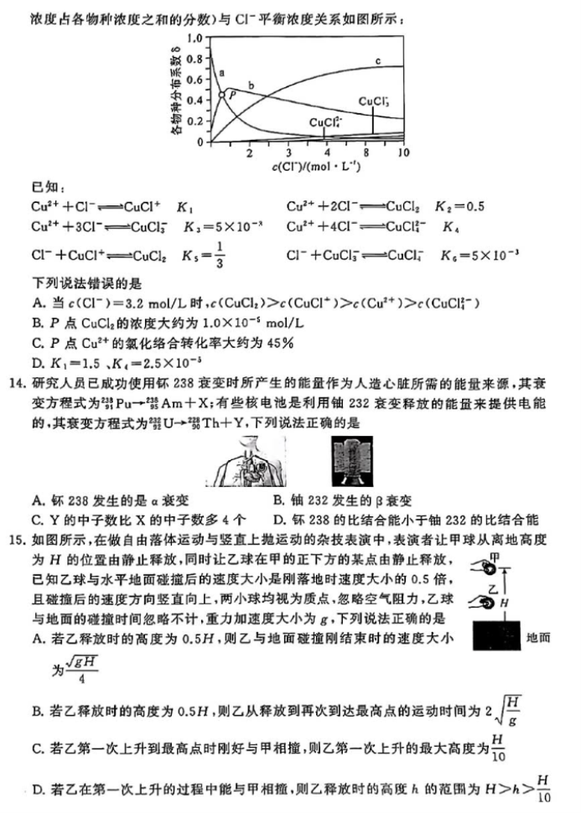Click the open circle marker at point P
point(222,95)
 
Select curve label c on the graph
point(377,60)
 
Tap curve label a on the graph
point(221,74)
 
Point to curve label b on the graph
point(251,85)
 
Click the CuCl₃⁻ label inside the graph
point(373,101)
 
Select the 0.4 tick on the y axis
point(195,101)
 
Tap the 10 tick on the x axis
point(403,153)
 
